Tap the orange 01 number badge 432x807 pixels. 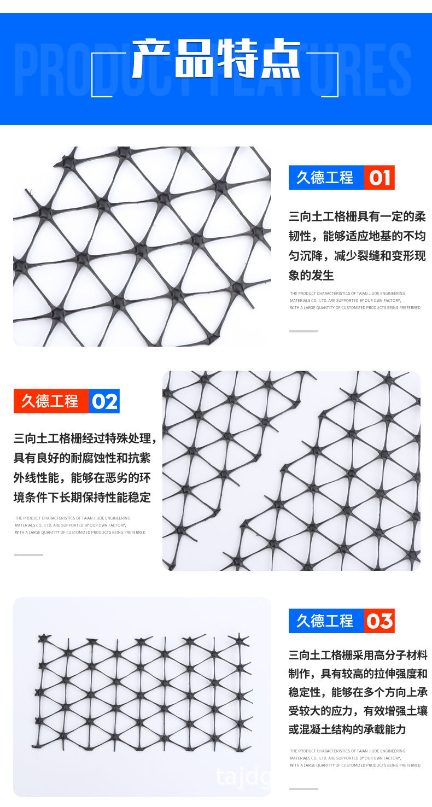click(x=379, y=178)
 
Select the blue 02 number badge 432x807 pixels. click(x=104, y=401)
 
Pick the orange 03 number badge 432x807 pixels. click(x=379, y=621)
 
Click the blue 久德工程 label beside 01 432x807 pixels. click(x=325, y=178)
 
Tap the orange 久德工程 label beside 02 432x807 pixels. click(x=50, y=401)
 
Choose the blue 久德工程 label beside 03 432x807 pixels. click(x=325, y=621)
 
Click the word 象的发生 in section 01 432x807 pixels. click(x=311, y=275)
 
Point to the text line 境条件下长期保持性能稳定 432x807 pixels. click(x=82, y=498)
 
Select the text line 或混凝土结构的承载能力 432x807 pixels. click(x=347, y=729)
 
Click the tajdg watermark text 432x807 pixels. click(x=243, y=776)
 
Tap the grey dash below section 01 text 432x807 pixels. click(x=303, y=331)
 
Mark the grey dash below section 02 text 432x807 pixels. click(x=28, y=555)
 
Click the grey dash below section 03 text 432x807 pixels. click(x=303, y=789)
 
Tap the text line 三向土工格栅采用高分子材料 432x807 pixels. click(x=358, y=655)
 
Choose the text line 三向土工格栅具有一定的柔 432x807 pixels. click(x=357, y=217)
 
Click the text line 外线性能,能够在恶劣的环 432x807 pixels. click(x=82, y=478)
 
